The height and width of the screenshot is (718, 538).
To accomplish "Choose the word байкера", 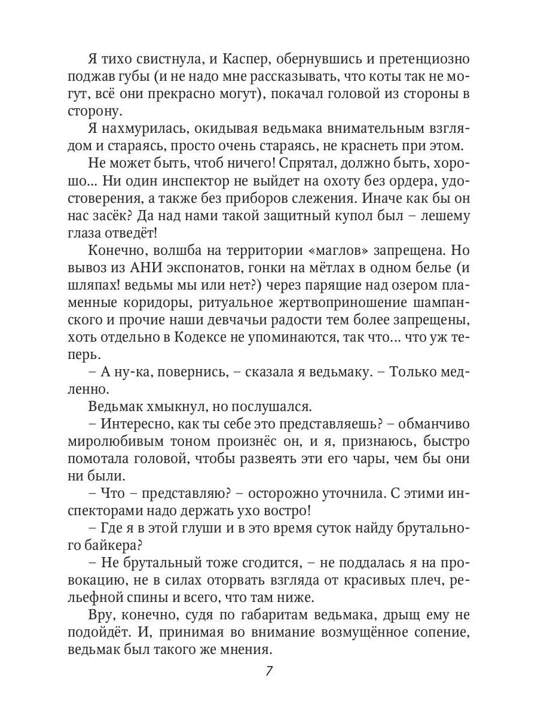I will tap(122, 545).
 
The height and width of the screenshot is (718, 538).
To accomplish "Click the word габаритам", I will tap(261, 614).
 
